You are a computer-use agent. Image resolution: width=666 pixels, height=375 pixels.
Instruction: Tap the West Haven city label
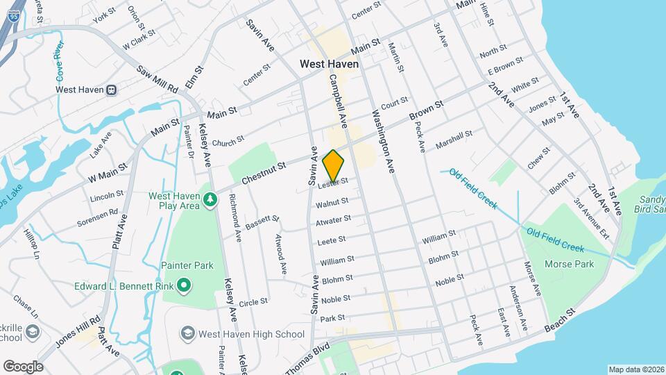(330, 64)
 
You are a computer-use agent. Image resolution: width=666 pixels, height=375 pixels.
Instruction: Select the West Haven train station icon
(111, 90)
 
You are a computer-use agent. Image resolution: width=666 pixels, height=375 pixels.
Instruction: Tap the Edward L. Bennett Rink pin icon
(183, 285)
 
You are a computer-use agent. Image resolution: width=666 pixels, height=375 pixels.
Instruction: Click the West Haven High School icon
(187, 334)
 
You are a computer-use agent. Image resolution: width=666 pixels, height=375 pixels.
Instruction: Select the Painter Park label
(187, 265)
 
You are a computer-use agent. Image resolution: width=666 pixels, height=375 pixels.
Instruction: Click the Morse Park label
(570, 264)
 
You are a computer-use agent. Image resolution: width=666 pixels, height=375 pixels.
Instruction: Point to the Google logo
(23, 366)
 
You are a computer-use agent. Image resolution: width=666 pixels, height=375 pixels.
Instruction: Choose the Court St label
(394, 102)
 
